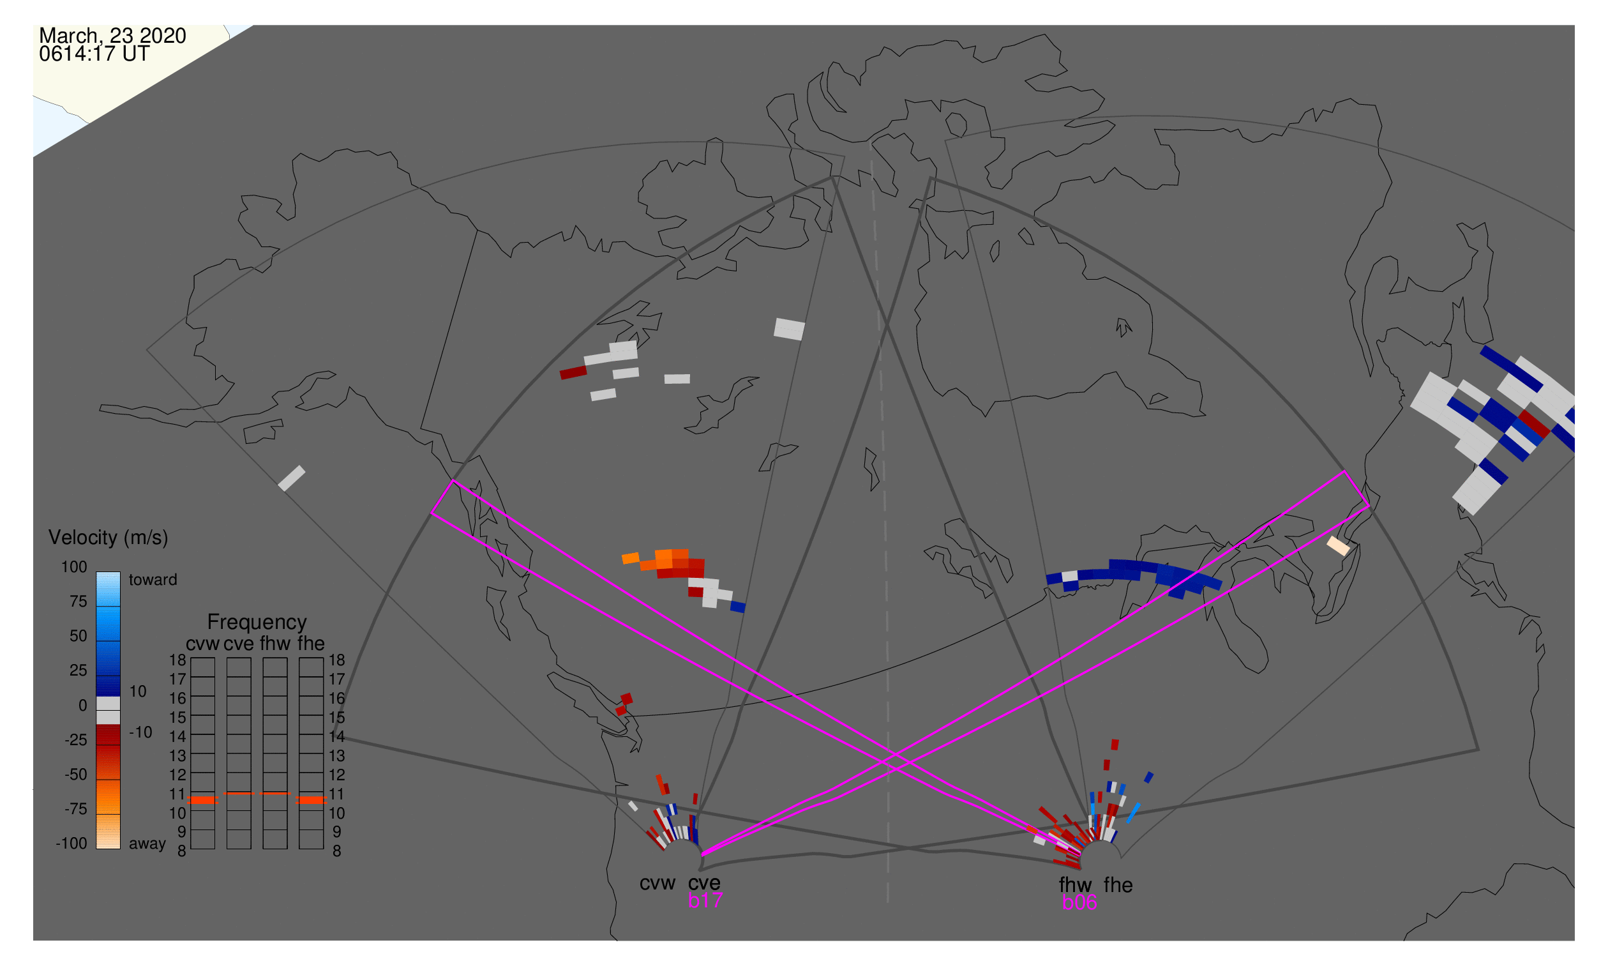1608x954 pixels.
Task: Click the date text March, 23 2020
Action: click(112, 35)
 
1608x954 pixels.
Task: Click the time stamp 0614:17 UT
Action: click(94, 54)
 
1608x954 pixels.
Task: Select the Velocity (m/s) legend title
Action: click(108, 538)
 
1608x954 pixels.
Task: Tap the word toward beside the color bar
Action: click(153, 580)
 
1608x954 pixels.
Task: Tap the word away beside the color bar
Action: click(147, 844)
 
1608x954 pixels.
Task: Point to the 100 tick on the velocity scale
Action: click(74, 567)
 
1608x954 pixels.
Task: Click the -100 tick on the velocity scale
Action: click(71, 844)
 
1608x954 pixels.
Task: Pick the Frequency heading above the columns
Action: click(257, 623)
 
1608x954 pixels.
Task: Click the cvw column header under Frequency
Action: click(202, 644)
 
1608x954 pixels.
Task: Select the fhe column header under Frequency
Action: click(311, 644)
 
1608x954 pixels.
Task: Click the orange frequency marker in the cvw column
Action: click(203, 800)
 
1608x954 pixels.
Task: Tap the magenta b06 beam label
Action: click(1079, 902)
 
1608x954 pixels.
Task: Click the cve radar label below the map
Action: click(704, 883)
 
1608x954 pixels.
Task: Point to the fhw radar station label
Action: click(1075, 885)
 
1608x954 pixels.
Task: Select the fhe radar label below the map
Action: click(1118, 885)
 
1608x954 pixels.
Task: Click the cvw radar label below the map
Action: click(657, 883)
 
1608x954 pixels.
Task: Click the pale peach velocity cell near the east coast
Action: click(1339, 547)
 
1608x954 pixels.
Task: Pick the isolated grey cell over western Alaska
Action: click(292, 478)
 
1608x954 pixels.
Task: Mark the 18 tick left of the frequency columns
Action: click(177, 660)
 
